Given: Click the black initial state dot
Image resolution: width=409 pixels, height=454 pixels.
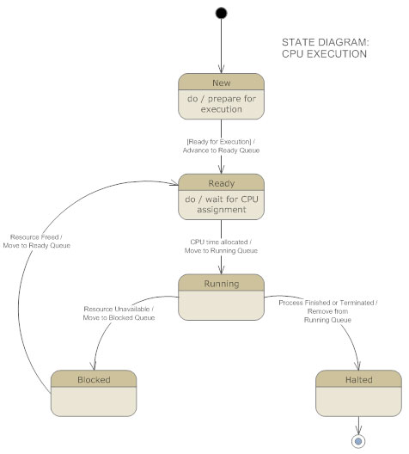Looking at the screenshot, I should [222, 12].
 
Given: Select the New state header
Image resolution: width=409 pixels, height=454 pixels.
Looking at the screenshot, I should [222, 82].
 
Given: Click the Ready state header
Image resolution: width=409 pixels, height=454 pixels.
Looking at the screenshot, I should [222, 183].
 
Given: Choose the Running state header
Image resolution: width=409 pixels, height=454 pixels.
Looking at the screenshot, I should [222, 282].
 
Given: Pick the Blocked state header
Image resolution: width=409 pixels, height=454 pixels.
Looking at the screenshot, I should [95, 378].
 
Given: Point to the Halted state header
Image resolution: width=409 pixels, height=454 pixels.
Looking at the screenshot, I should [357, 378].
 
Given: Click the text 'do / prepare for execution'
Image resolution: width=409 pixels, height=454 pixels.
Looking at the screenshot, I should [222, 104].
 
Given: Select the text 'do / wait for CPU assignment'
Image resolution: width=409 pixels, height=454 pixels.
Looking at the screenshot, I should [222, 204].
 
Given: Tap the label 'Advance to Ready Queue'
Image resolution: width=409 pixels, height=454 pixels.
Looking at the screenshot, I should [222, 150].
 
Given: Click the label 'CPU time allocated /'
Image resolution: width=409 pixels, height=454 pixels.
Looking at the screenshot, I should [222, 242].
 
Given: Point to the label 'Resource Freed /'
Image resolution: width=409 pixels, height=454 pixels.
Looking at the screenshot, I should [40, 236].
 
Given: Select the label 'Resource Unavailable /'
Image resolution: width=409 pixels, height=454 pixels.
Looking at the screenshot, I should [120, 309].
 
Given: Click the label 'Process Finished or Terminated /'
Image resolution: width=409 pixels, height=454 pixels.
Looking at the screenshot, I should [328, 303].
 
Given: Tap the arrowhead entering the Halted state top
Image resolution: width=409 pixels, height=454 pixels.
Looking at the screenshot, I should [357, 366].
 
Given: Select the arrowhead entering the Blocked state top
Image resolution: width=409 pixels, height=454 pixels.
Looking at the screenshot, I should [95, 366].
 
